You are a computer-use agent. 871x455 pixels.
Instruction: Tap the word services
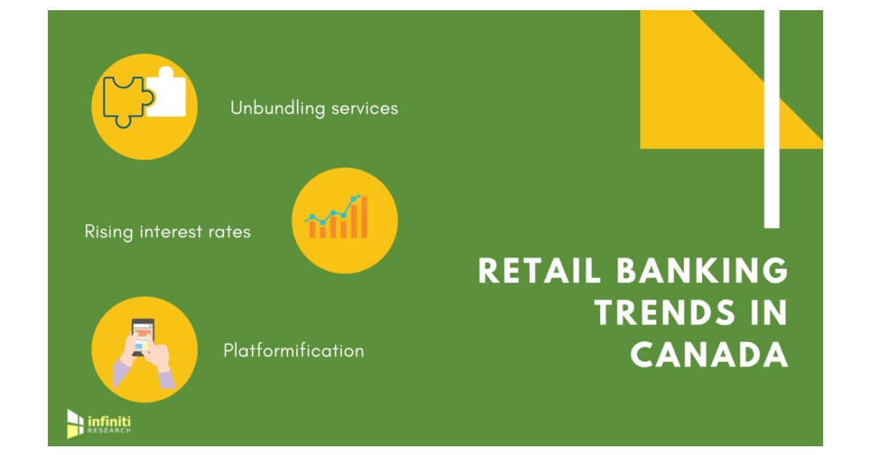point(364,108)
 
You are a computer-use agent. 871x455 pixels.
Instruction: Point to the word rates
point(231,231)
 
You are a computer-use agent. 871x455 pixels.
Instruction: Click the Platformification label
point(293,351)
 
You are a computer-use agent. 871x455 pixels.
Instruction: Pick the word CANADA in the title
point(709,356)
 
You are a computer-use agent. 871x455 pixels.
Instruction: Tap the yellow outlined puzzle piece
point(125,102)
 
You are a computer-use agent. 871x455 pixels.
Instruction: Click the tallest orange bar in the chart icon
point(364,217)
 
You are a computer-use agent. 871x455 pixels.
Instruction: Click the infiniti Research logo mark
point(75,424)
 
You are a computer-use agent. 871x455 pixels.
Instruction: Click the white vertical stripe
point(772,116)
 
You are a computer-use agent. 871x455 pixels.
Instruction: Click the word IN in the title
point(766,313)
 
